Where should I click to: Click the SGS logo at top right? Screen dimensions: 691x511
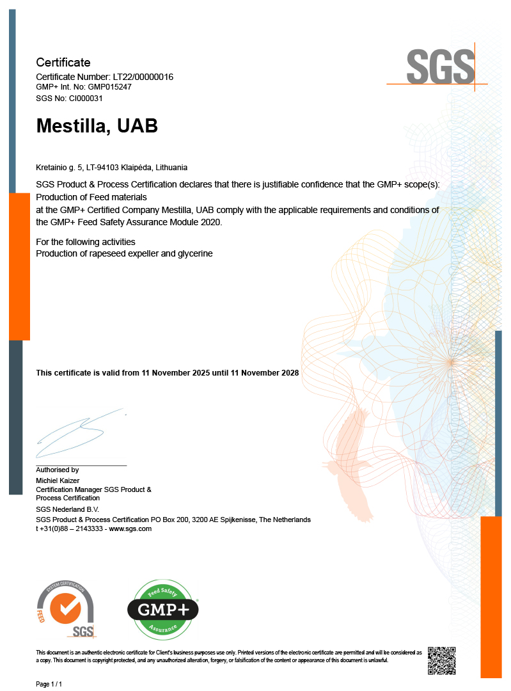441,66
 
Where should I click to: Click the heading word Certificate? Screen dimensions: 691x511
63,63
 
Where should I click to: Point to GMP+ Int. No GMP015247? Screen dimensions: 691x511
84,87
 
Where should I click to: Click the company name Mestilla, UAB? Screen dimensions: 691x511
97,126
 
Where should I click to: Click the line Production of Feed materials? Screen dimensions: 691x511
91,197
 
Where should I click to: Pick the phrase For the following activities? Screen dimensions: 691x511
86,242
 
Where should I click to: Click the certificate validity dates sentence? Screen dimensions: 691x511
168,372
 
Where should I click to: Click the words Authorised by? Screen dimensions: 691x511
57,470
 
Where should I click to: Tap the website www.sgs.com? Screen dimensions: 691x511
130,528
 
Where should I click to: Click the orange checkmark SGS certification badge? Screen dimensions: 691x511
66,609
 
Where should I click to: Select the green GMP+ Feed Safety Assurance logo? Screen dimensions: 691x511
163,609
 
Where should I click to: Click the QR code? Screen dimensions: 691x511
442,660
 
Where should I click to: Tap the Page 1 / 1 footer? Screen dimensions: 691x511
49,684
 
